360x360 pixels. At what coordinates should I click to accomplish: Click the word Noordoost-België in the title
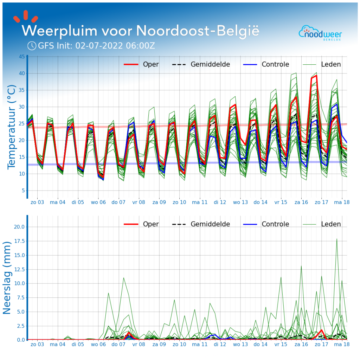point(198,31)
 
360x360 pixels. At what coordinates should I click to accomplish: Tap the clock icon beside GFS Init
point(32,46)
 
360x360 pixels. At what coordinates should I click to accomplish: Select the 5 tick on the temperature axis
point(23,191)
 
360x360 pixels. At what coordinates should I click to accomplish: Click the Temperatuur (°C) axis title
point(12,127)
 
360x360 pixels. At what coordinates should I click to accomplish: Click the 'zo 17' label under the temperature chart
point(321,202)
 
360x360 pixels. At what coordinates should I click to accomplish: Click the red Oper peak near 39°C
point(316,76)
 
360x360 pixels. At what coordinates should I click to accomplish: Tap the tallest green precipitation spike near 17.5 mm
point(337,239)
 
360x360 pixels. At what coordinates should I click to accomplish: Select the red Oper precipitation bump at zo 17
point(321,330)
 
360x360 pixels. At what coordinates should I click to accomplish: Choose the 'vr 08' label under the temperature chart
point(139,202)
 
